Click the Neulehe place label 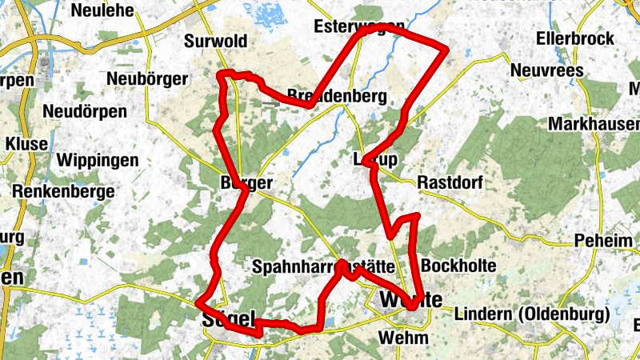click(x=102, y=10)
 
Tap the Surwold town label click(x=216, y=41)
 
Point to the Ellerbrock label click(x=576, y=38)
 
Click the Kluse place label click(x=26, y=143)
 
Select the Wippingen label click(x=98, y=160)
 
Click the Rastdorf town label click(x=450, y=183)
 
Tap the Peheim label click(x=602, y=241)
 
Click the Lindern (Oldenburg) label click(x=525, y=315)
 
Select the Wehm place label click(x=404, y=337)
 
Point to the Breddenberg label click(x=337, y=97)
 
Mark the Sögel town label click(x=228, y=317)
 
